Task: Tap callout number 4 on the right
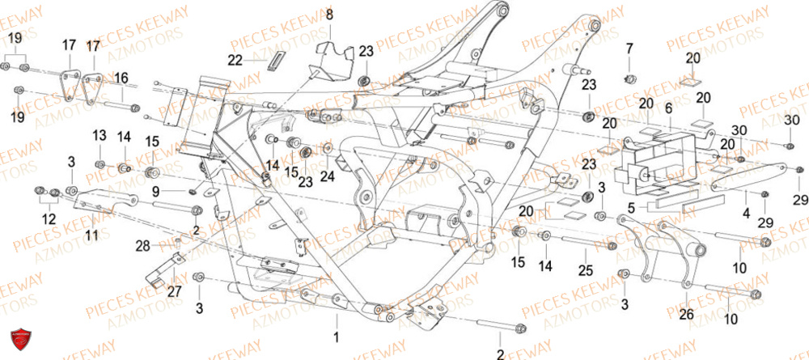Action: [x=745, y=214]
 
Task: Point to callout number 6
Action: [x=668, y=108]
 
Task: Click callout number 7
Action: [x=630, y=51]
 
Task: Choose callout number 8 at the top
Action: [x=329, y=15]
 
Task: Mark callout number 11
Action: [x=91, y=235]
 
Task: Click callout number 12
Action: [x=49, y=218]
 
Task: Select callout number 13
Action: [x=99, y=134]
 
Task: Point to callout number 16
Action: [x=121, y=78]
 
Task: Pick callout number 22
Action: [x=235, y=60]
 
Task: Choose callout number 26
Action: [x=687, y=315]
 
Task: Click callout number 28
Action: [x=142, y=245]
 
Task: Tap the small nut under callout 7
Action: [x=630, y=78]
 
